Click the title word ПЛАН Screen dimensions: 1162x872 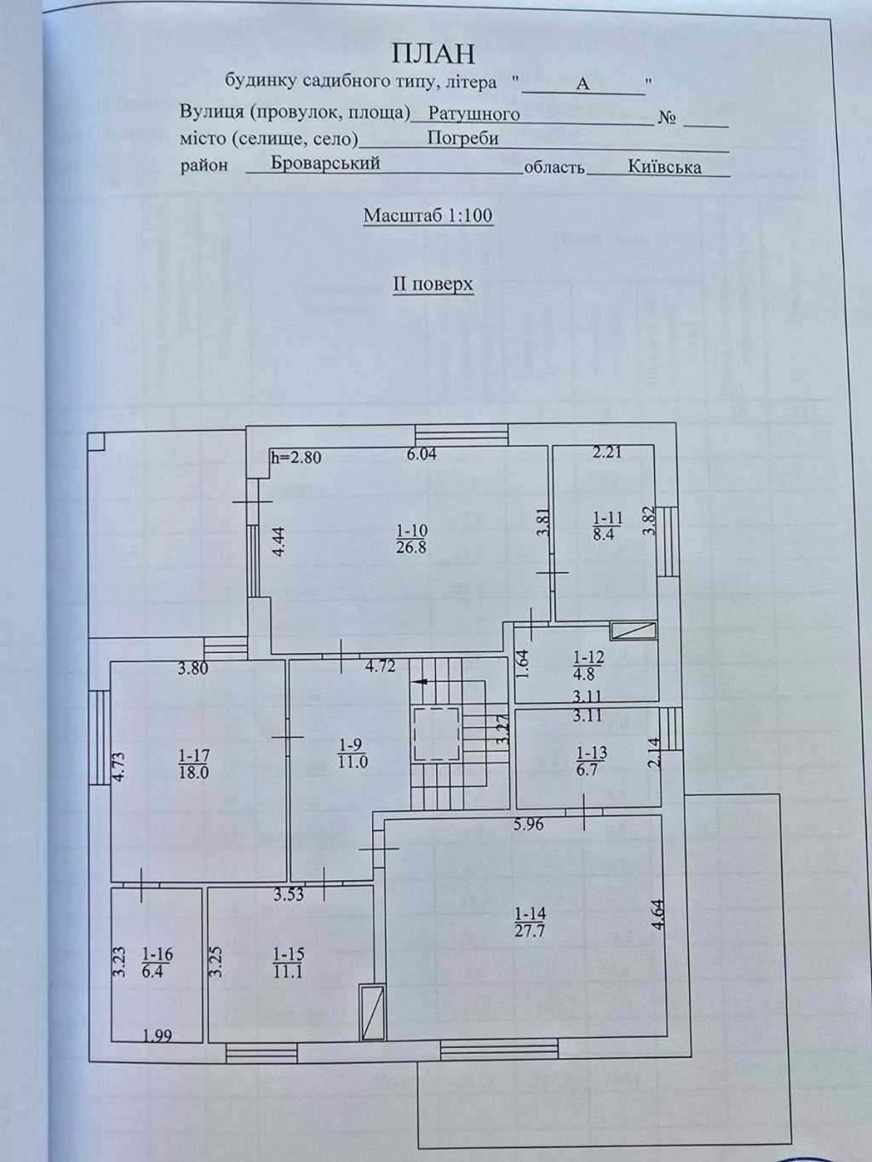tap(433, 54)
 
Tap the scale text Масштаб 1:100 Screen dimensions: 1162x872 tap(427, 216)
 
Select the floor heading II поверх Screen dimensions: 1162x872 tap(433, 283)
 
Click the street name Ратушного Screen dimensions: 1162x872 tap(473, 113)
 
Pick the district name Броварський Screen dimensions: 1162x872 tap(325, 163)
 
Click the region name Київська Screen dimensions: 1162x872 tap(664, 167)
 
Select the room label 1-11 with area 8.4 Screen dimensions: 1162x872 tap(607, 525)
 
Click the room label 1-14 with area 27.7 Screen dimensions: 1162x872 tap(530, 922)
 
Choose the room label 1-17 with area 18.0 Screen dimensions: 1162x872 tap(193, 764)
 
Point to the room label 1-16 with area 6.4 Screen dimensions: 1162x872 tap(152, 962)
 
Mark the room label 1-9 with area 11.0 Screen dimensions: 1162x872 tap(352, 753)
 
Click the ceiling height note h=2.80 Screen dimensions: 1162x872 tap(295, 457)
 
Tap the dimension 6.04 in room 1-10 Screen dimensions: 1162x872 tap(422, 455)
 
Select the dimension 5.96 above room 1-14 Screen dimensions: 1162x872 tap(528, 824)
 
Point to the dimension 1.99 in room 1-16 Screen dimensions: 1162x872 tap(158, 1035)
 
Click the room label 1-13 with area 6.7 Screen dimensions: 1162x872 tap(591, 761)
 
